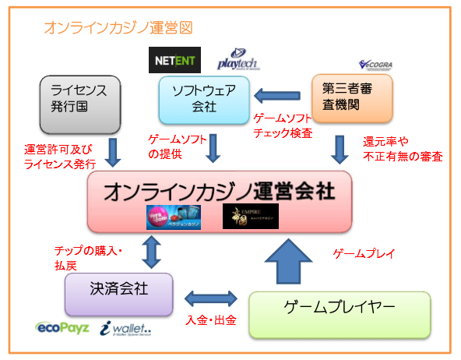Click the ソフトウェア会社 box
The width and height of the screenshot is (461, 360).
tap(203, 100)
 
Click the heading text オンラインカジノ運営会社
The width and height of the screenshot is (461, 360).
tap(219, 190)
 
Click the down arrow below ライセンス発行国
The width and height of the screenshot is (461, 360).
tap(112, 153)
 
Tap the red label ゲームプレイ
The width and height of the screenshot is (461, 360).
tap(364, 254)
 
